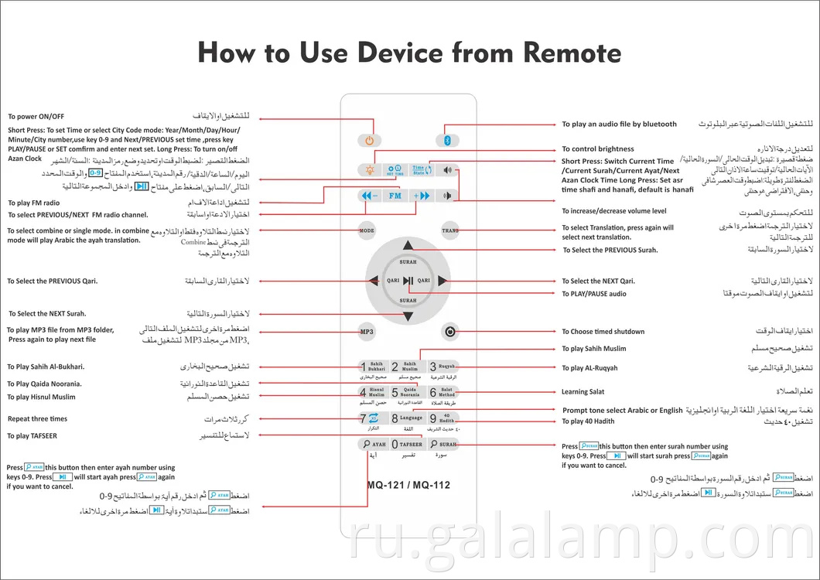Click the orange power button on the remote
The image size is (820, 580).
[370, 140]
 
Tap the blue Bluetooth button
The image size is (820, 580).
[447, 140]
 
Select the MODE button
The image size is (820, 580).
[367, 230]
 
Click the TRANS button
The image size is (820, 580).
[449, 230]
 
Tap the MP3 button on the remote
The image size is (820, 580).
[367, 331]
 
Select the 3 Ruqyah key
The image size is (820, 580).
[443, 367]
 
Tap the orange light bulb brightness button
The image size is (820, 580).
[369, 169]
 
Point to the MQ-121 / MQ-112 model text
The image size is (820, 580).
[408, 486]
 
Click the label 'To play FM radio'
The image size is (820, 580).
[33, 203]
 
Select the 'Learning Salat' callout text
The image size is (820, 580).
[583, 392]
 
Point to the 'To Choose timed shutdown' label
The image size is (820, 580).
[603, 332]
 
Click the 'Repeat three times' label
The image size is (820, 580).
[37, 419]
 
